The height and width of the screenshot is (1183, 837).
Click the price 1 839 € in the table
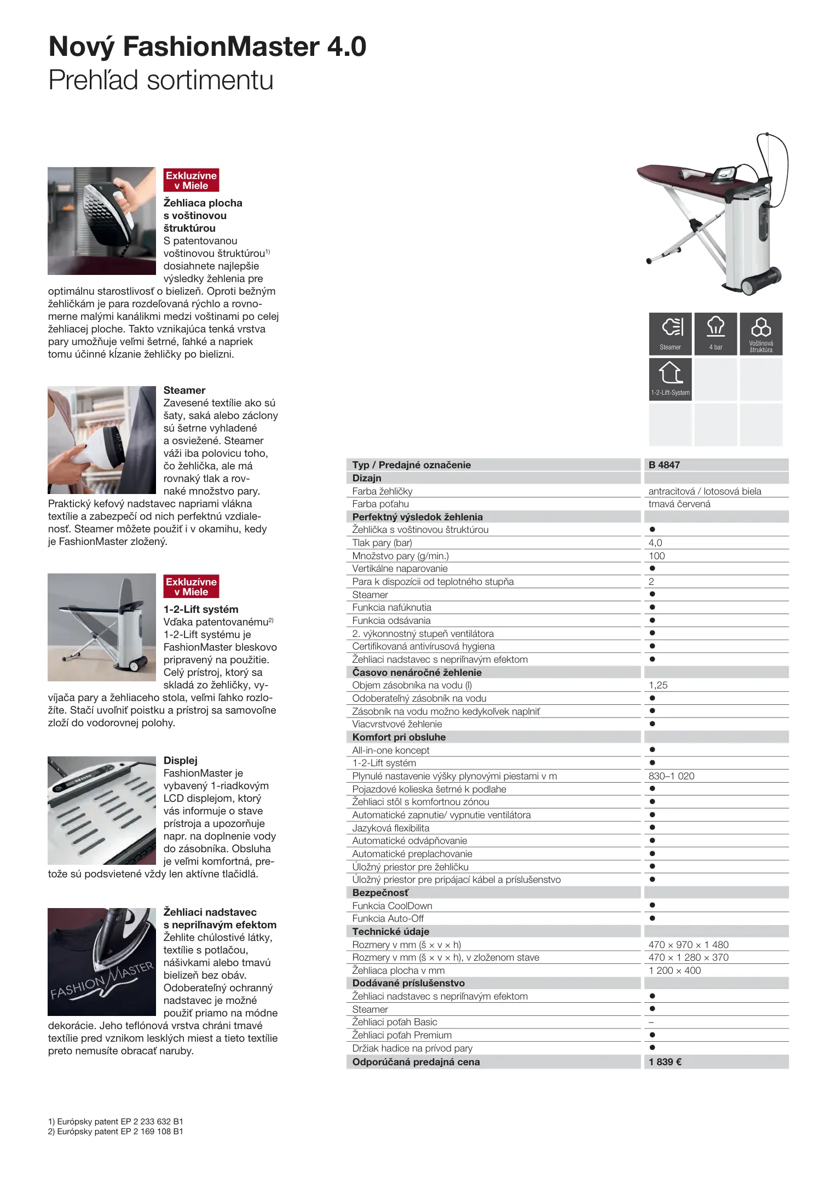[x=665, y=1061]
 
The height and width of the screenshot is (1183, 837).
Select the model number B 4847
[x=664, y=464]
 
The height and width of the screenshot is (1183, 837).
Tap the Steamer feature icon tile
[x=670, y=334]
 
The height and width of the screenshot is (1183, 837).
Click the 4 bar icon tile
[x=715, y=334]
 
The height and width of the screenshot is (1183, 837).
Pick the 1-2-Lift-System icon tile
[x=670, y=379]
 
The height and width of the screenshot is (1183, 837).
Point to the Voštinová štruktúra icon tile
[x=761, y=334]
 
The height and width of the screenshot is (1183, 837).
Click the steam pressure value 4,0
[x=655, y=543]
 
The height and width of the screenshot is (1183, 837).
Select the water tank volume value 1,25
[x=658, y=685]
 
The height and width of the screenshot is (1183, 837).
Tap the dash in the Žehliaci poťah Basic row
[x=651, y=1022]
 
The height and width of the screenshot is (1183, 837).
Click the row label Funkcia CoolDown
[x=392, y=906]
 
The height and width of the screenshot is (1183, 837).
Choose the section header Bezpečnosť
[x=380, y=893]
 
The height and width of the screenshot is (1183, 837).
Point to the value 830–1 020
[x=671, y=776]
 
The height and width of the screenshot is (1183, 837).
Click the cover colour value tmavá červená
[x=679, y=504]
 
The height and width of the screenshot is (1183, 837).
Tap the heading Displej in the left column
[x=180, y=760]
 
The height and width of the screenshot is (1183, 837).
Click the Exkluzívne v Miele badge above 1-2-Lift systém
[x=191, y=587]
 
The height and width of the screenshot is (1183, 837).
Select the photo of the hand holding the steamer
[x=102, y=440]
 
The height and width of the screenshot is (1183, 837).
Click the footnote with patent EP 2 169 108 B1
[x=116, y=1131]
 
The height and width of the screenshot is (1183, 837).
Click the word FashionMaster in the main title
[x=221, y=47]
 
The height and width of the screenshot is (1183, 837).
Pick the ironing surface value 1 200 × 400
[x=674, y=970]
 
